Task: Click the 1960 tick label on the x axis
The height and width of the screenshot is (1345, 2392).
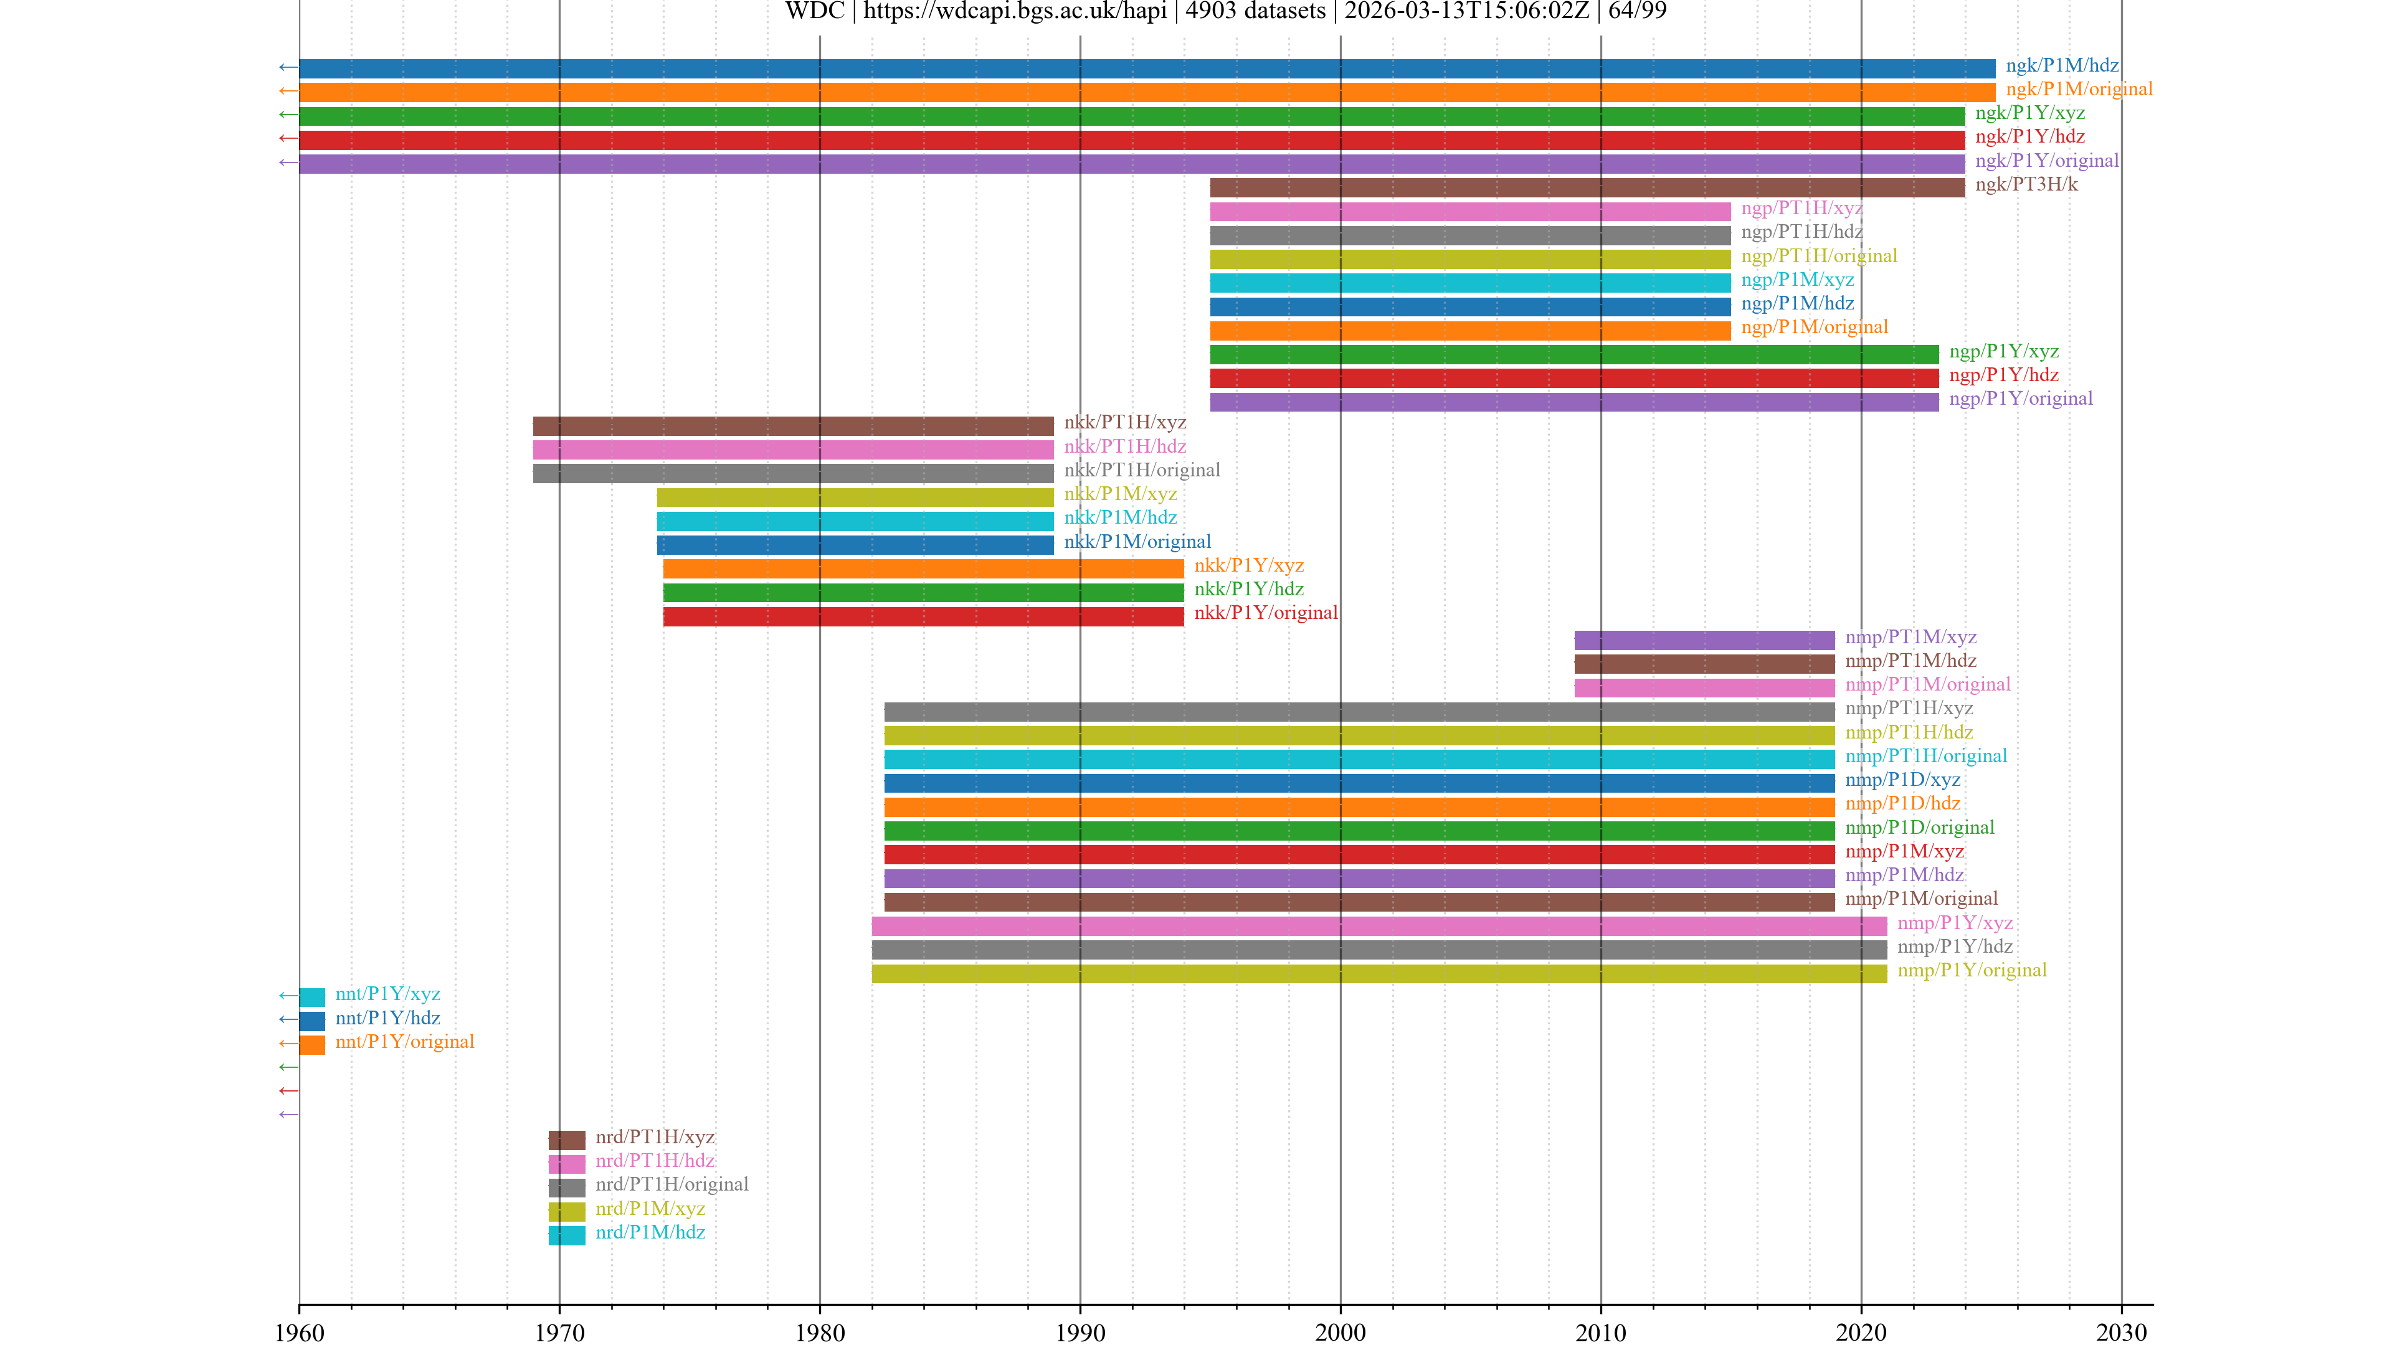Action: pyautogui.click(x=299, y=1332)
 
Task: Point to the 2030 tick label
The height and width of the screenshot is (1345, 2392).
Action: pyautogui.click(x=2121, y=1332)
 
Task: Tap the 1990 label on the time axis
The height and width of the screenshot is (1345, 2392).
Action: pyautogui.click(x=1080, y=1332)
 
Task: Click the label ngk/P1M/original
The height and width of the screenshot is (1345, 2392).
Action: pyautogui.click(x=2078, y=89)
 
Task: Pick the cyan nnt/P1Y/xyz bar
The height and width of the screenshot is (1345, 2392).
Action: pyautogui.click(x=312, y=997)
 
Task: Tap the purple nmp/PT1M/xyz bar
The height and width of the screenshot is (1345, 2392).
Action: pyautogui.click(x=1704, y=639)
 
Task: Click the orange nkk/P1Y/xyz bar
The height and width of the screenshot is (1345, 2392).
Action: pyautogui.click(x=923, y=568)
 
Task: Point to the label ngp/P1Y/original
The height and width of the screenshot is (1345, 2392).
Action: pyautogui.click(x=2021, y=399)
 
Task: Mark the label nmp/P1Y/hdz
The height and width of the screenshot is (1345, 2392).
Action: pyautogui.click(x=1955, y=946)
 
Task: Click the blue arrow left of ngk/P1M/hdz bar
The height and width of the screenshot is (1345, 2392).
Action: pyautogui.click(x=288, y=67)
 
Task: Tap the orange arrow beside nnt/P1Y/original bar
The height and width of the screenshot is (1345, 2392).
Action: pyautogui.click(x=288, y=1044)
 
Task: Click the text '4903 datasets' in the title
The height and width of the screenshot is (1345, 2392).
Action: pyautogui.click(x=1255, y=11)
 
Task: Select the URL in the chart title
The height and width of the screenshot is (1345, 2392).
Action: pyautogui.click(x=1015, y=11)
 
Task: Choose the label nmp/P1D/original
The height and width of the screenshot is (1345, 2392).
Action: pyautogui.click(x=1919, y=828)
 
